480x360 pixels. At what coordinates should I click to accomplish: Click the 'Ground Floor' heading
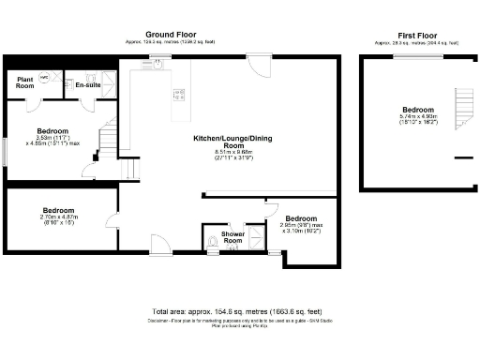coord(165,35)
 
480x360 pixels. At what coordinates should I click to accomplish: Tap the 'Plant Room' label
coord(25,82)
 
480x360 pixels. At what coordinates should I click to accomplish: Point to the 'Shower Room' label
coord(232,237)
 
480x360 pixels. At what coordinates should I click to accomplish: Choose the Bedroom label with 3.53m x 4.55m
coord(52,130)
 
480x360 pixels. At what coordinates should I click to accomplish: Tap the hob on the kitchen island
coord(176,94)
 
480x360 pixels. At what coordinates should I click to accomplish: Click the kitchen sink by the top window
coord(157,65)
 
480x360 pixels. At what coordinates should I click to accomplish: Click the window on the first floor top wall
coord(417,56)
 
